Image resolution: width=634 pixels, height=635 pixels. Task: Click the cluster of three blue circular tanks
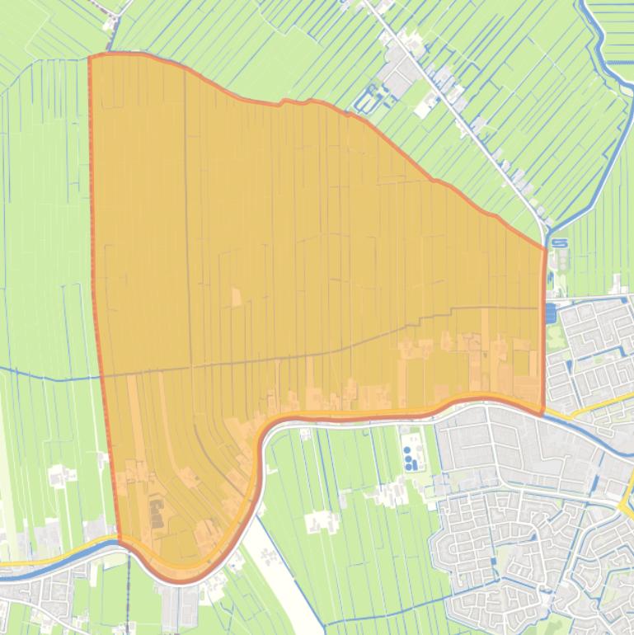pos(410,459)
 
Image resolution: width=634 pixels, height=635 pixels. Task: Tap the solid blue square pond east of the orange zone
pos(550,313)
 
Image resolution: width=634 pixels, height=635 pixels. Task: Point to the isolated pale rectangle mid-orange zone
pos(237,296)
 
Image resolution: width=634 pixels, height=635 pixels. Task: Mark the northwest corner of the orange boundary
pos(90,58)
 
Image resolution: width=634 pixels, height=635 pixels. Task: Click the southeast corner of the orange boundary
pos(542,412)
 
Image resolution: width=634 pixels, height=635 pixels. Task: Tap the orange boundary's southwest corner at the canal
pos(120,541)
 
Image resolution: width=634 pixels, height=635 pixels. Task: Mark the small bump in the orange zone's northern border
pos(285,101)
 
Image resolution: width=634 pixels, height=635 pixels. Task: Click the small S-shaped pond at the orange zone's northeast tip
pos(560,243)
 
